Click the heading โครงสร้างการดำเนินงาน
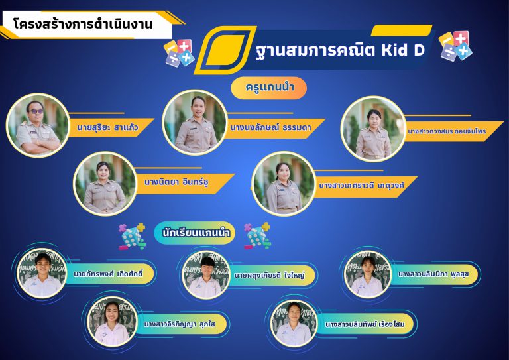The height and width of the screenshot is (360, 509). pos(83,25)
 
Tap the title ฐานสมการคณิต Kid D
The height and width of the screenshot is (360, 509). pos(340,50)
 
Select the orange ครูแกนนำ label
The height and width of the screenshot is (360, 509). pos(270,88)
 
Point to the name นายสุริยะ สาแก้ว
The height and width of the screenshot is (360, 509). pos(107,127)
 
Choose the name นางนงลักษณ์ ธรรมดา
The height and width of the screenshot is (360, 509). pos(270,127)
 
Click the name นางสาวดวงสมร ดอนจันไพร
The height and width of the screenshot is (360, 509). pos(447,131)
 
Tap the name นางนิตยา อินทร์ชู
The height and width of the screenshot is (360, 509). pos(176,182)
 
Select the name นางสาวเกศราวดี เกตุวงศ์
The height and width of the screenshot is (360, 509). pos(361,186)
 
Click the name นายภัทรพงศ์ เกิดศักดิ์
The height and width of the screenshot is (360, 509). pos(108,274)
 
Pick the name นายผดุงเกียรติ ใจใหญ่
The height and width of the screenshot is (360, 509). pos(270,275)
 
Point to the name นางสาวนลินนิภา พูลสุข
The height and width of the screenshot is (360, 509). pos(433,274)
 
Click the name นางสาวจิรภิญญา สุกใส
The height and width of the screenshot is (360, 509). pos(180,324)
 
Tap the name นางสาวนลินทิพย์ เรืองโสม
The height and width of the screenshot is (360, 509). pos(365,324)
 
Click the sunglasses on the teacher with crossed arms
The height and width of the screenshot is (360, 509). pos(36,111)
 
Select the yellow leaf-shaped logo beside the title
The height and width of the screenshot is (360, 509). pos(225,50)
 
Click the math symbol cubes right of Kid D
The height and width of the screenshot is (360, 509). pos(455,46)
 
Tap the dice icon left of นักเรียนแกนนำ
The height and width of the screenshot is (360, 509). pos(132,236)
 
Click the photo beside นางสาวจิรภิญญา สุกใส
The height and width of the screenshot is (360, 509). pos(112,322)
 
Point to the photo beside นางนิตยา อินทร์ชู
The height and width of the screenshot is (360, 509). pos(105,184)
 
